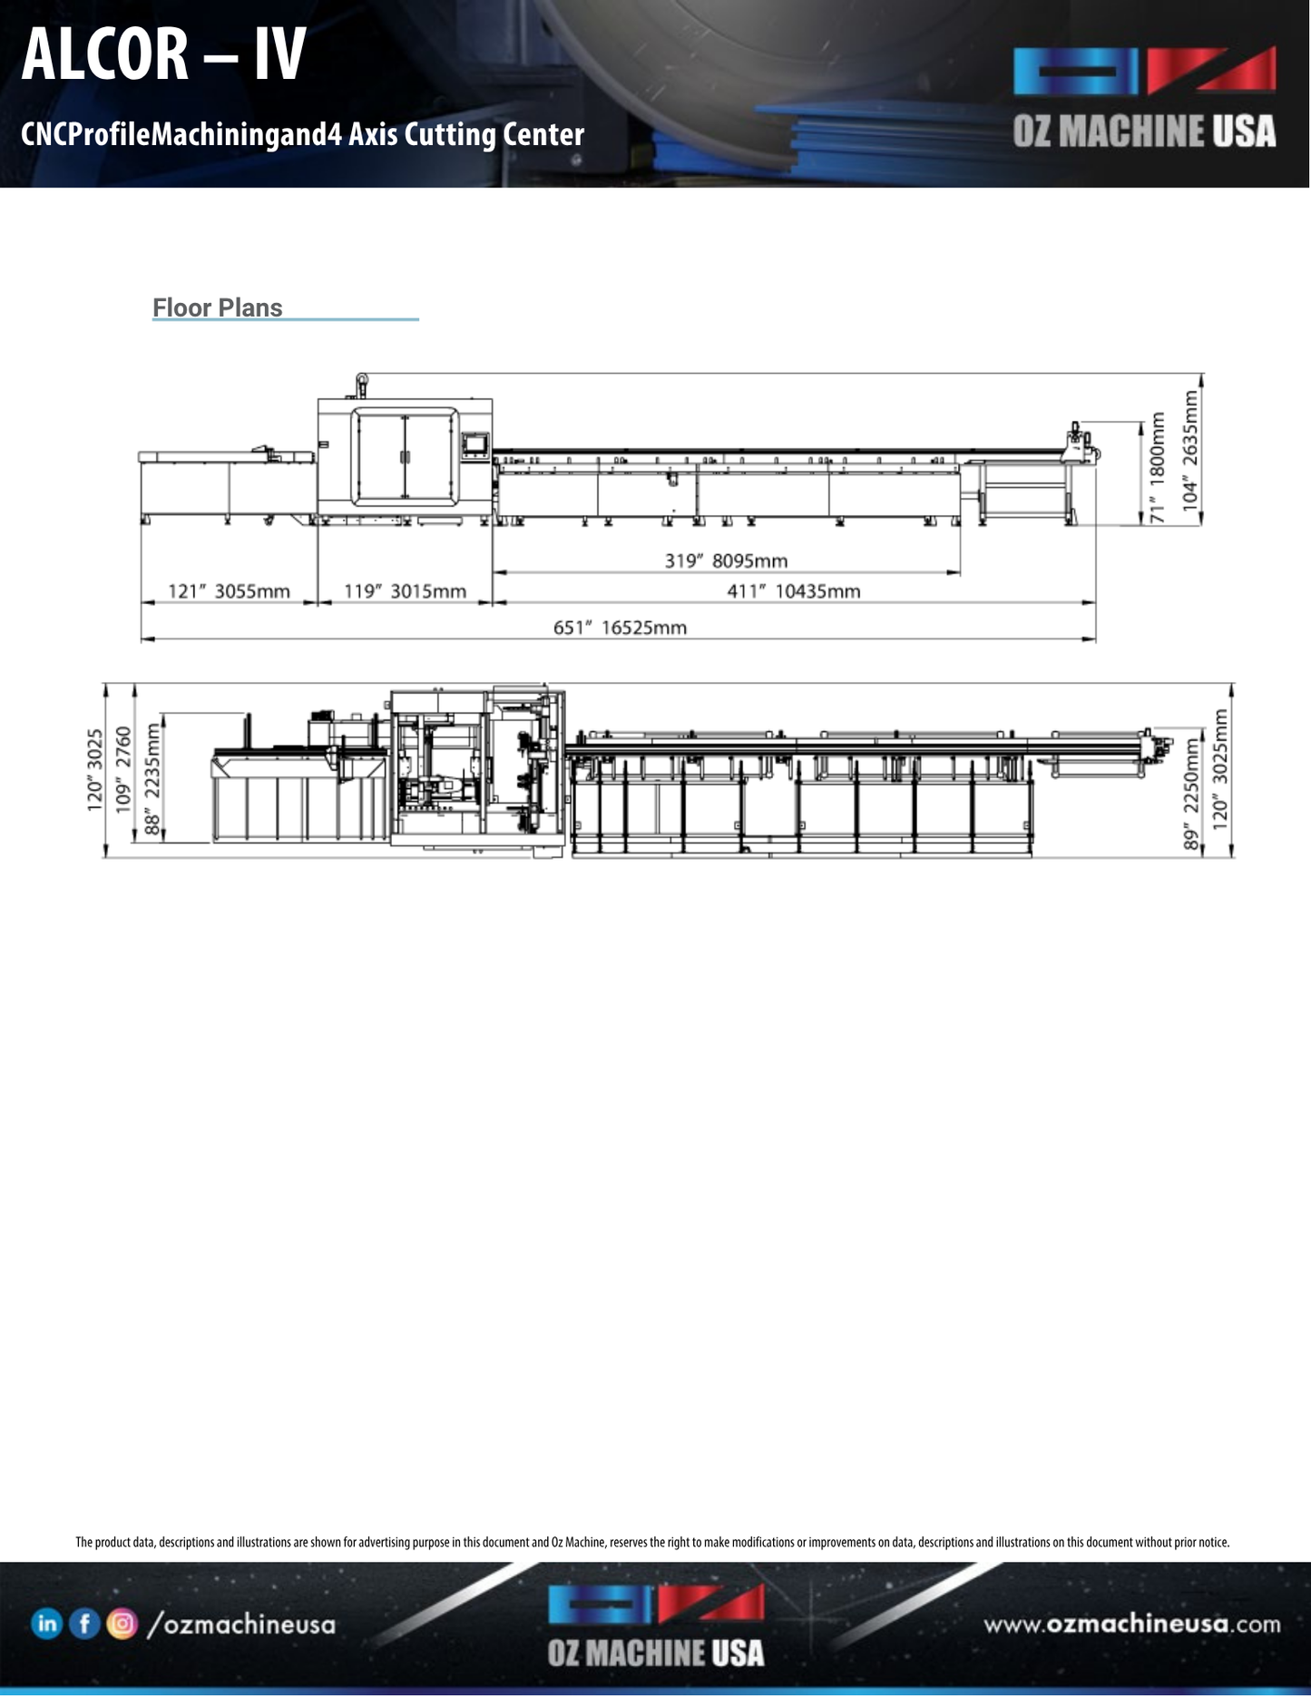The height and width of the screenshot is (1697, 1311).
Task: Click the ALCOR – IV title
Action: [x=163, y=54]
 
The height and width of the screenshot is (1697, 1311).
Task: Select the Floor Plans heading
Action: [x=217, y=308]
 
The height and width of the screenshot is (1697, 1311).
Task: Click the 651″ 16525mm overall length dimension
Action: [x=620, y=628]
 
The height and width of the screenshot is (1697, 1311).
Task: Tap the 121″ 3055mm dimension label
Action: [x=229, y=591]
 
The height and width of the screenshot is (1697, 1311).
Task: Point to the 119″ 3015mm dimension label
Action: [x=405, y=591]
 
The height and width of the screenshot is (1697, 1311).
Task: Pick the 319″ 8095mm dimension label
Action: [x=726, y=561]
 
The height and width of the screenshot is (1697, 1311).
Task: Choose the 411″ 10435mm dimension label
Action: [x=793, y=591]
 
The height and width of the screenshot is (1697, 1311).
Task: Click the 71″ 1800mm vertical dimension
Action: [x=1157, y=467]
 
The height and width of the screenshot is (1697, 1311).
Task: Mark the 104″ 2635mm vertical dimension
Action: [x=1190, y=450]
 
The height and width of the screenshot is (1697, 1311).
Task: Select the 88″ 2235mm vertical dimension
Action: [x=152, y=778]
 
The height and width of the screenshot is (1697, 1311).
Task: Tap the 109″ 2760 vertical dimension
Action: [x=123, y=769]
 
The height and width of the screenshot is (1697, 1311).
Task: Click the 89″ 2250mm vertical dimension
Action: [x=1191, y=794]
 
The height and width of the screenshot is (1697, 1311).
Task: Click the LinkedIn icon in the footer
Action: [x=46, y=1624]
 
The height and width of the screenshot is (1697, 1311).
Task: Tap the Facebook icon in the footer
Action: [x=84, y=1624]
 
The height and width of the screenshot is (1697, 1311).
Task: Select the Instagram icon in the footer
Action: [x=122, y=1624]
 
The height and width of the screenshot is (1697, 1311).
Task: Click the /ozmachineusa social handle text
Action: [x=241, y=1624]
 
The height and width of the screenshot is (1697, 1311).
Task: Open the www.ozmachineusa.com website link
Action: [x=1132, y=1624]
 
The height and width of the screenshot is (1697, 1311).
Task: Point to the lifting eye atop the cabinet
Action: [x=361, y=380]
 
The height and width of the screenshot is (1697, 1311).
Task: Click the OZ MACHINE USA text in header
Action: [x=1144, y=132]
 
